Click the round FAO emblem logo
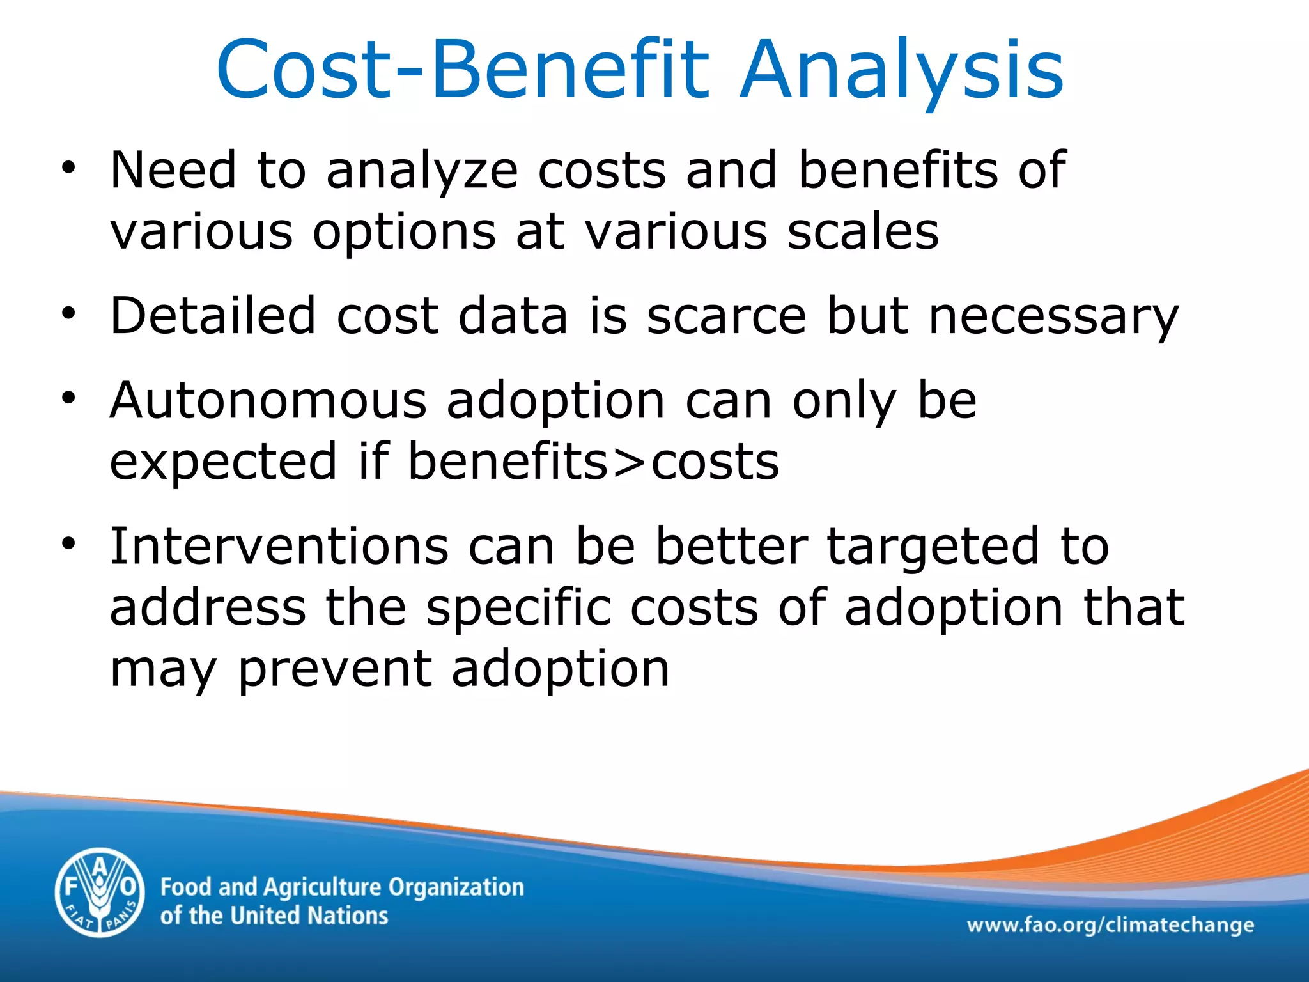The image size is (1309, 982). click(x=100, y=892)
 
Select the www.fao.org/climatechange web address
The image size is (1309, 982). click(x=1110, y=924)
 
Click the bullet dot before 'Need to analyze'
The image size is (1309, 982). click(x=69, y=169)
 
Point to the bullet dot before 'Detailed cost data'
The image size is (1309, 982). click(x=69, y=315)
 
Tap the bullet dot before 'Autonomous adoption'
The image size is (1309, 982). click(x=69, y=400)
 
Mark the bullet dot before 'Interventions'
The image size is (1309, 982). click(x=69, y=545)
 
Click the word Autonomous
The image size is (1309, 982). click(x=268, y=401)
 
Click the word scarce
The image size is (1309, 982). click(x=727, y=316)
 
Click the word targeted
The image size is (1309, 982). click(x=933, y=549)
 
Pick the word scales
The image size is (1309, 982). click(x=862, y=231)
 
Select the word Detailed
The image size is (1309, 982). click(x=213, y=316)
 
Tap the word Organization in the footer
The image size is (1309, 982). click(x=456, y=887)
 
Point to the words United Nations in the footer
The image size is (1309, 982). click(x=309, y=916)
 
